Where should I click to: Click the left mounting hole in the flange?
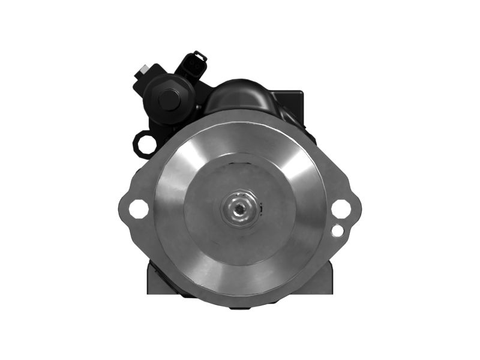(139, 209)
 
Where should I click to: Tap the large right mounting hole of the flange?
(341, 209)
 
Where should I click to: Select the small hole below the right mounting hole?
(338, 230)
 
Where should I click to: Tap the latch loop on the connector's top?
(200, 56)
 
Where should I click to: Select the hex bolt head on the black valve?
(169, 100)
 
